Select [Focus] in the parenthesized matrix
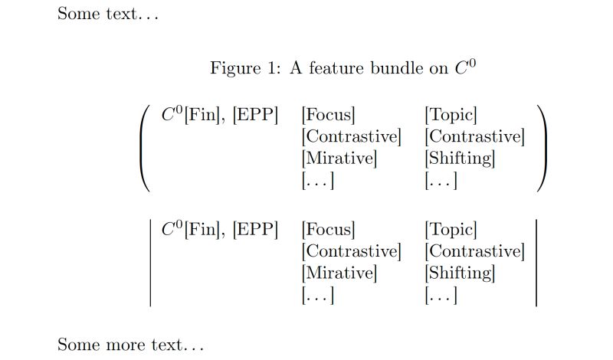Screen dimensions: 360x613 (x=329, y=116)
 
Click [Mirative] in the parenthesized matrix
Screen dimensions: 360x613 (x=339, y=159)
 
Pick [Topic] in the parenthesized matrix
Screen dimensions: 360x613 (x=451, y=116)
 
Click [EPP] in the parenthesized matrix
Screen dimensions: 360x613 (x=254, y=116)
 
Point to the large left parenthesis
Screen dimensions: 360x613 (x=146, y=149)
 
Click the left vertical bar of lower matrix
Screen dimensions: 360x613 (x=150, y=263)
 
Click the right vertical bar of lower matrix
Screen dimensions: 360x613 (x=536, y=263)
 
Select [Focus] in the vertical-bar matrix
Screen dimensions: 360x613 (x=329, y=229)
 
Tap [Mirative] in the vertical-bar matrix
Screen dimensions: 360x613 (x=339, y=273)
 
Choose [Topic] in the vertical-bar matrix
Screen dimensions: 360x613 (x=451, y=229)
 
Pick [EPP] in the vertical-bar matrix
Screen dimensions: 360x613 (x=254, y=229)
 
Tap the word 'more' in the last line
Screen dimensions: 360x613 (x=125, y=345)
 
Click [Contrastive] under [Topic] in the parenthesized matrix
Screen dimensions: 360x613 (x=474, y=137)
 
